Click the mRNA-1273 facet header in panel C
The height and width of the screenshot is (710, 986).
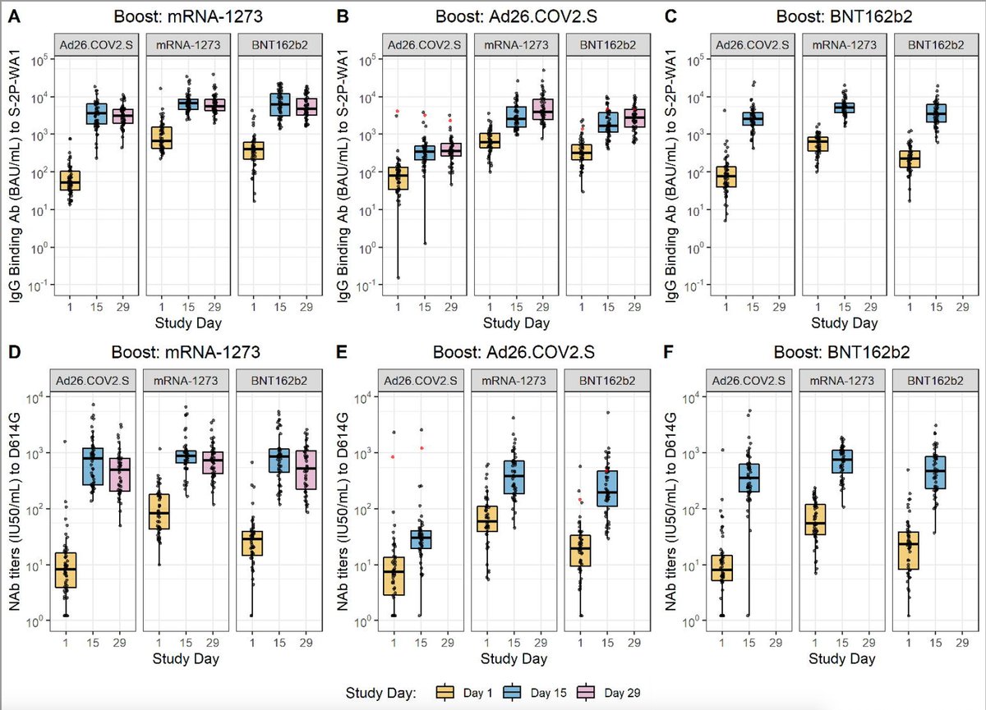tap(841, 45)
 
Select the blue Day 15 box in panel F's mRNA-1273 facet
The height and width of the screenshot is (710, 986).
tap(841, 461)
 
